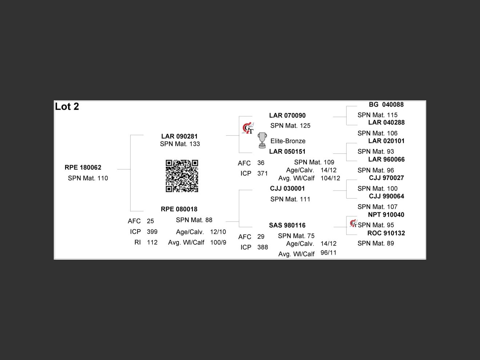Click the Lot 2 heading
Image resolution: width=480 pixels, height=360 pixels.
67,107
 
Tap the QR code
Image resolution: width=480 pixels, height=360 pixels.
182,176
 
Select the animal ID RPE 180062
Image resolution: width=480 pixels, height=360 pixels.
83,168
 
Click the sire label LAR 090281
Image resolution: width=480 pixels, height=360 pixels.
179,136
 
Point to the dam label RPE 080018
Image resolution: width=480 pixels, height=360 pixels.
179,209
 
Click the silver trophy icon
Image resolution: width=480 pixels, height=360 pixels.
262,140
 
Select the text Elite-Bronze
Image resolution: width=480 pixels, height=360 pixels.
288,141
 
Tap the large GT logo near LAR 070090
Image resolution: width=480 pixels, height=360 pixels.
248,128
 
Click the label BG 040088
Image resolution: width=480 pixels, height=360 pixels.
386,105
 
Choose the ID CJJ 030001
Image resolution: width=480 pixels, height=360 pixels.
287,188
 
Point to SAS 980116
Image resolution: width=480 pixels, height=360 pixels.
287,225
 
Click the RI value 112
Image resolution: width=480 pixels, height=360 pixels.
152,243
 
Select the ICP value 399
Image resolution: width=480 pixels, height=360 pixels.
152,232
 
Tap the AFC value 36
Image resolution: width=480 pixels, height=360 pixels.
261,163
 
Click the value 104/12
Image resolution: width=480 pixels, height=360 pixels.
330,178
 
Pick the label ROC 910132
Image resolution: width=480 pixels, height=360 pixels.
386,233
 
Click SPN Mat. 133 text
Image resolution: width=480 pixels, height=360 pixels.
180,144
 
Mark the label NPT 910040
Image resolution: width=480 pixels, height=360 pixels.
386,215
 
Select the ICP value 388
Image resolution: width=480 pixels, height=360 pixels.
263,247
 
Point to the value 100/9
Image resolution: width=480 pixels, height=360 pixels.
218,243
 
